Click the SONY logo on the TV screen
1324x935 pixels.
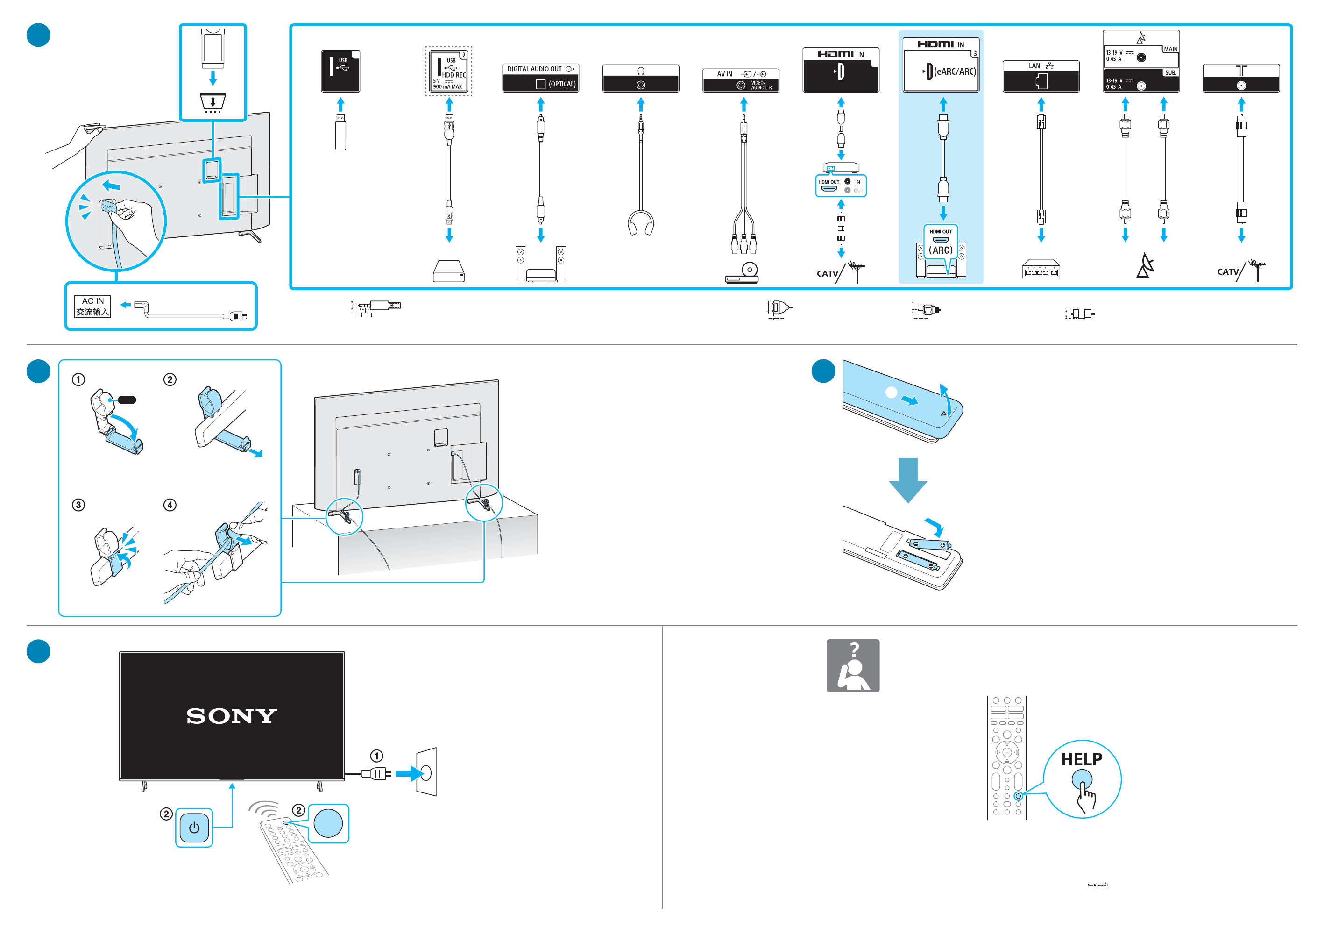[231, 716]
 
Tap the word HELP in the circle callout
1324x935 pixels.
[1081, 759]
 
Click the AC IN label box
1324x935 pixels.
[92, 306]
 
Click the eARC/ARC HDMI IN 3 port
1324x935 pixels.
[941, 71]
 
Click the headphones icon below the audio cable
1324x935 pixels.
[641, 222]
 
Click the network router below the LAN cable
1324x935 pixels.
[1041, 269]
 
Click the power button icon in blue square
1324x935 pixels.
[194, 828]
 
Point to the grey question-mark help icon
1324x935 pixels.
[852, 665]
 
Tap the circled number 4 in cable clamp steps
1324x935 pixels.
[170, 505]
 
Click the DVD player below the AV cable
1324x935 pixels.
[742, 273]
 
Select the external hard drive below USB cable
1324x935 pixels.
[449, 271]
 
